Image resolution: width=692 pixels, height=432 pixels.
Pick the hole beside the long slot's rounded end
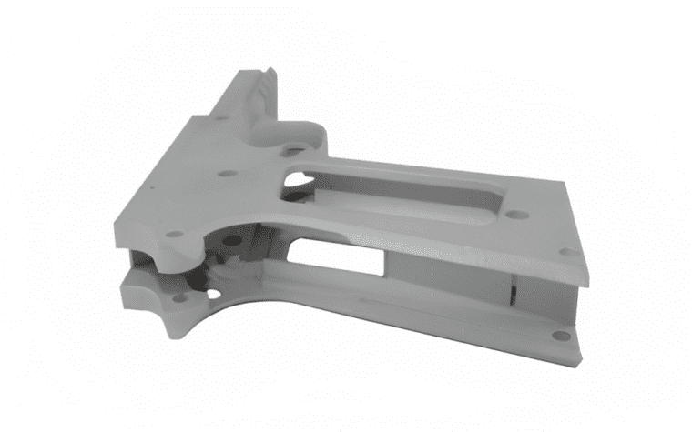[x=515, y=216]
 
